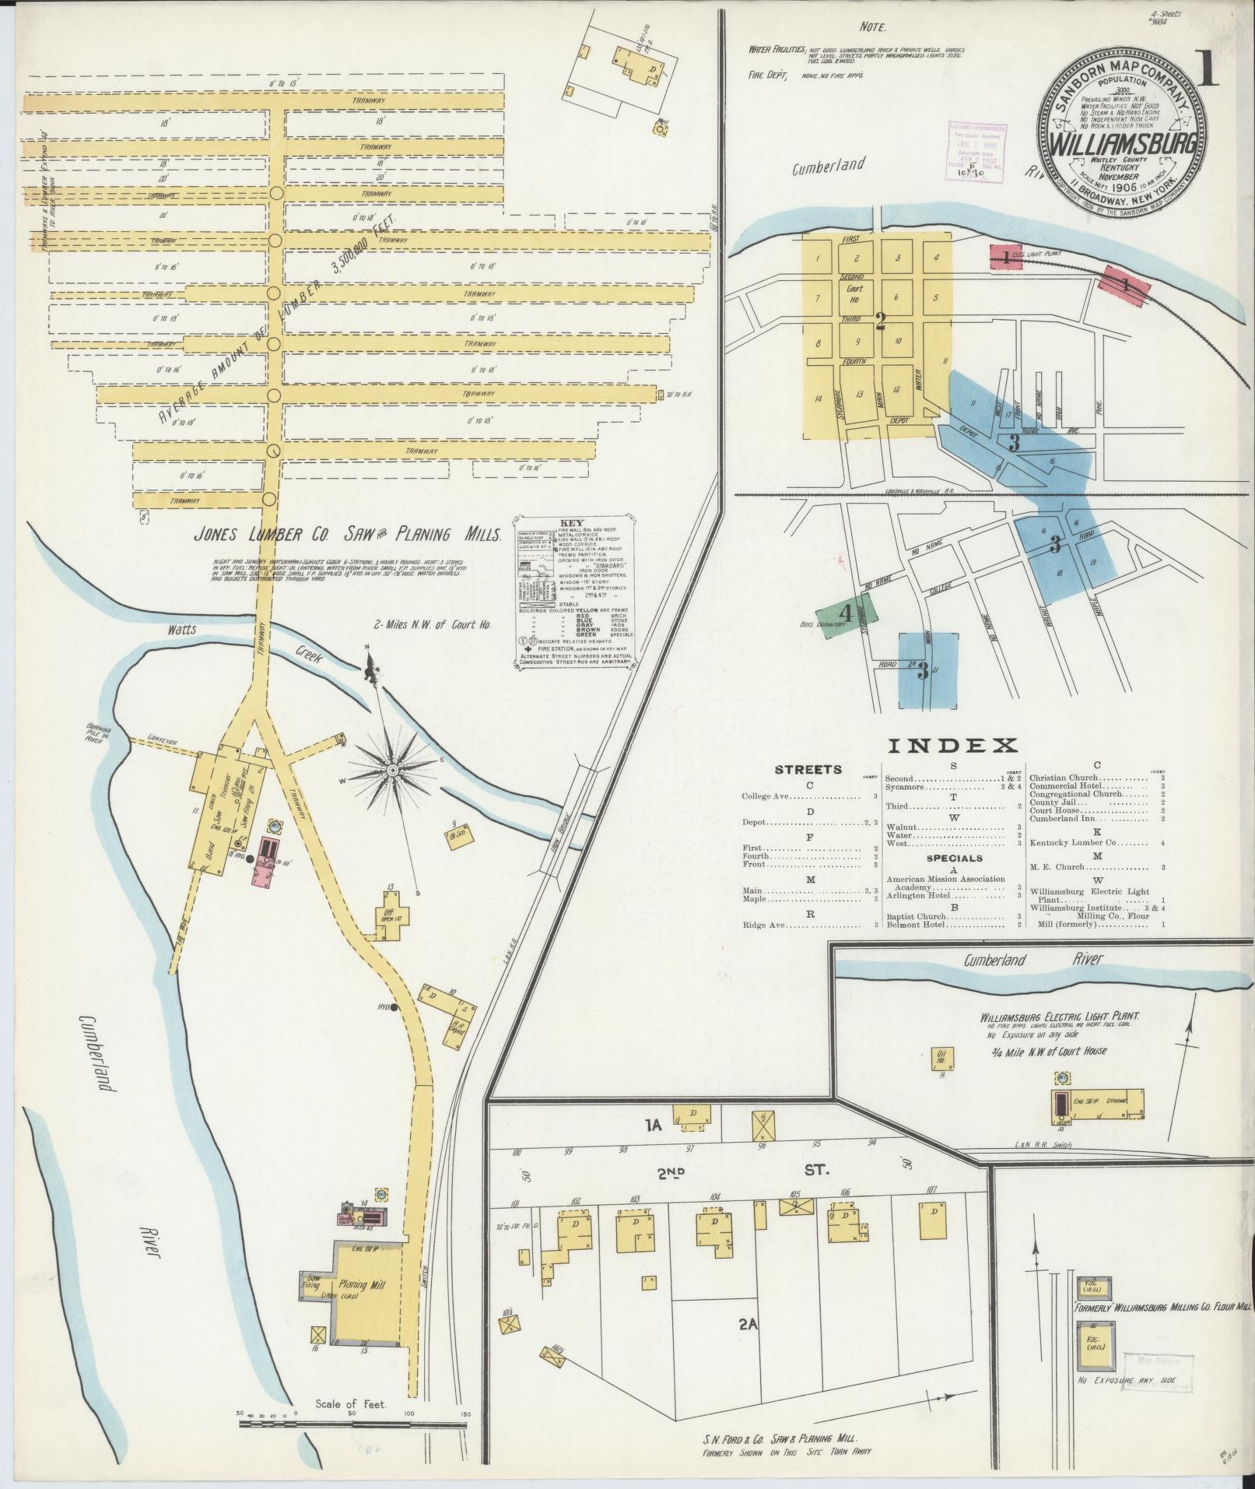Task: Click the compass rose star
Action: click(394, 770)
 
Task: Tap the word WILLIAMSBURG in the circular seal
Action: click(1120, 146)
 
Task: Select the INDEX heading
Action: click(952, 746)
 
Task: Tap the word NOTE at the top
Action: click(872, 27)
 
